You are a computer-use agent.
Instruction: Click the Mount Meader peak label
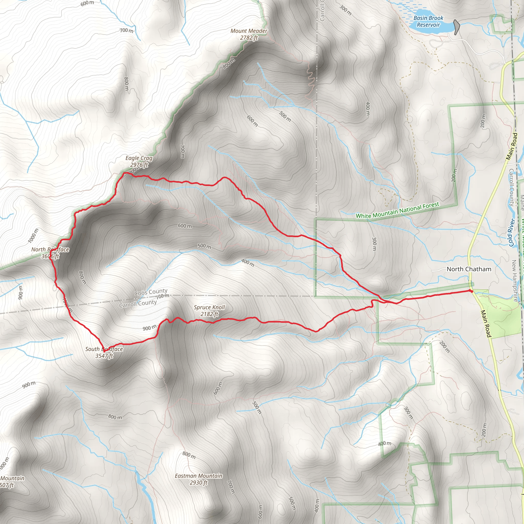point(249,31)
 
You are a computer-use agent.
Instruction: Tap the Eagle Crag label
point(139,158)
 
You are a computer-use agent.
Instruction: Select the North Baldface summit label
point(50,249)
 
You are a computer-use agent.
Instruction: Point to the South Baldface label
point(104,349)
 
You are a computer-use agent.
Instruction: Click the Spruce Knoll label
point(209,307)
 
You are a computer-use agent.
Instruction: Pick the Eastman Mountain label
point(198,476)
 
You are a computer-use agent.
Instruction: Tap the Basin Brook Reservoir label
point(428,21)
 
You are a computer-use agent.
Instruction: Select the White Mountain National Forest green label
point(397,210)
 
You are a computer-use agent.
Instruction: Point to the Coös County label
point(151,292)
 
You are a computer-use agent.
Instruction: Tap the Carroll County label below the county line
point(138,304)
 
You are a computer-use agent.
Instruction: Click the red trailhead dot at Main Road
point(472,291)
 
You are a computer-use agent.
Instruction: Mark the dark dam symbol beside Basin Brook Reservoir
point(457,27)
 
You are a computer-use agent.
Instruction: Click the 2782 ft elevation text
point(249,38)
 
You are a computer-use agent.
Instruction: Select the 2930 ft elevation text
point(198,483)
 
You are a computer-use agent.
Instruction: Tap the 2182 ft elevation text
point(209,314)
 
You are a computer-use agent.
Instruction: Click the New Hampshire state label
point(515,281)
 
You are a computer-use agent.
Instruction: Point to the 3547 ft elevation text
point(104,356)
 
